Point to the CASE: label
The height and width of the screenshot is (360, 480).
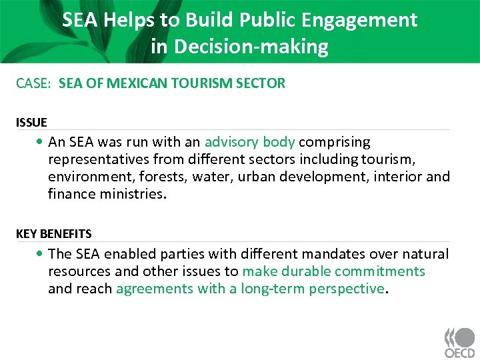pos(35,83)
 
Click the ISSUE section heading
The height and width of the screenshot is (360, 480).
pos(31,123)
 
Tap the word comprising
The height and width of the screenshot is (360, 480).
pos(335,142)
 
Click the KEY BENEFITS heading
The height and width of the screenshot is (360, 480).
pos(54,234)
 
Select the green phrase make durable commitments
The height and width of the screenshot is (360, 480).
pos(333,271)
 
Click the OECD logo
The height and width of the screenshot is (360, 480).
pos(459,343)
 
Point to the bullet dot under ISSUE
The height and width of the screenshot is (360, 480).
pos(41,143)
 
